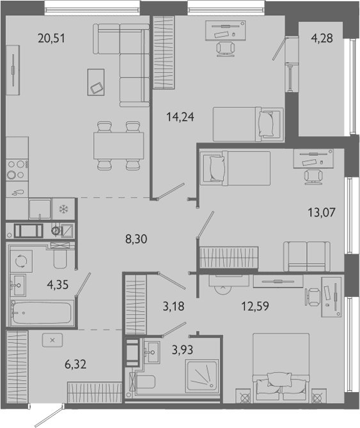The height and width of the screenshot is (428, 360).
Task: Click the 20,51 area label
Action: (52, 38)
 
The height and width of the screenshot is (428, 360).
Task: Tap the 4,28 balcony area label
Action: (322, 38)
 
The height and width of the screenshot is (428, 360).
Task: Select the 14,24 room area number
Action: (180, 117)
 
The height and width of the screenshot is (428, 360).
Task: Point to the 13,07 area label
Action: (322, 212)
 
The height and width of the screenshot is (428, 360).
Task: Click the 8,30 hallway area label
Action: (136, 239)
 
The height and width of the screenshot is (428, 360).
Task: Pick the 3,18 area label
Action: (174, 306)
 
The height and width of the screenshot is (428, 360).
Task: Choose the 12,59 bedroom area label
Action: (255, 306)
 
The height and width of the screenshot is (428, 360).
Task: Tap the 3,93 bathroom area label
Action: (182, 349)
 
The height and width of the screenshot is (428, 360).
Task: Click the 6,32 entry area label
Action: (75, 364)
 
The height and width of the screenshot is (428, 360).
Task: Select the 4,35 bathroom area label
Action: (58, 285)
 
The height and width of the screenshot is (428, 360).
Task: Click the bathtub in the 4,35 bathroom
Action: (42, 312)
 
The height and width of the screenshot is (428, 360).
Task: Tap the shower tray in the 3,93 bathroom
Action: (202, 374)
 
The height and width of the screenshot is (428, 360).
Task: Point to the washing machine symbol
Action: (21, 261)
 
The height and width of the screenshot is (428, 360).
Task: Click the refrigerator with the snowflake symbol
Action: (64, 209)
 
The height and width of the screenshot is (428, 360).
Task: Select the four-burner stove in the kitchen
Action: (17, 170)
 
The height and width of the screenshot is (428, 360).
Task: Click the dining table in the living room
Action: (118, 146)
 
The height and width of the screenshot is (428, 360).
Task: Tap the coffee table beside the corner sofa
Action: (96, 82)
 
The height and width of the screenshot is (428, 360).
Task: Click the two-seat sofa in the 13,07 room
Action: (307, 256)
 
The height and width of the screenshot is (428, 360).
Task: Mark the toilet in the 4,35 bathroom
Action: (60, 256)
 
